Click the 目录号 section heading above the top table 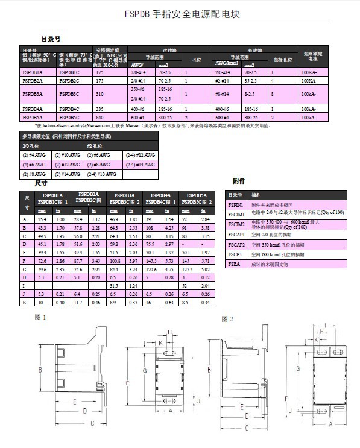(x=51, y=39)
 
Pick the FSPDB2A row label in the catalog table (x=33, y=80)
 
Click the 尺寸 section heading (x=41, y=183)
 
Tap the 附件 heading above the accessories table (x=239, y=181)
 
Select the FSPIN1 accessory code (x=236, y=205)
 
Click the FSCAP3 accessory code (x=236, y=254)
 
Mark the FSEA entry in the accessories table (x=234, y=264)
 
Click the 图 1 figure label (x=40, y=316)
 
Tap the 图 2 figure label (x=227, y=318)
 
